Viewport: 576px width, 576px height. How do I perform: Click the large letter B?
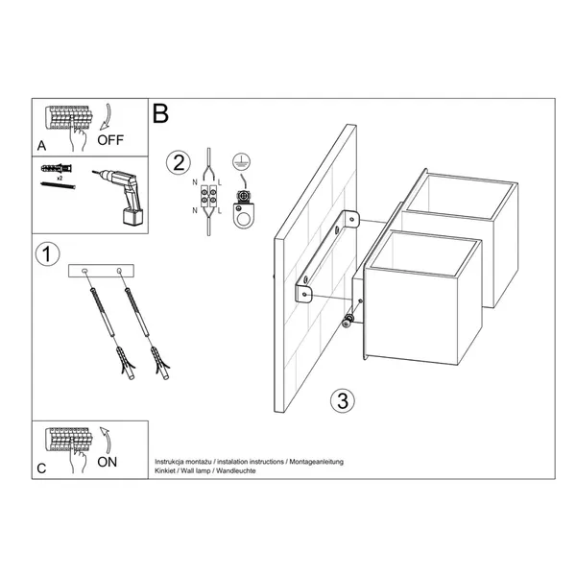pyautogui.click(x=160, y=113)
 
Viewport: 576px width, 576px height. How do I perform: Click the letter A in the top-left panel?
pyautogui.click(x=41, y=147)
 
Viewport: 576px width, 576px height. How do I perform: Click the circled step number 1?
pyautogui.click(x=45, y=254)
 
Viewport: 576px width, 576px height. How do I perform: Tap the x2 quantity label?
pyautogui.click(x=60, y=179)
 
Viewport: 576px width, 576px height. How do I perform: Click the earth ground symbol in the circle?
pyautogui.click(x=240, y=164)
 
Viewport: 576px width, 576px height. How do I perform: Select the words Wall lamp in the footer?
pyautogui.click(x=204, y=471)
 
